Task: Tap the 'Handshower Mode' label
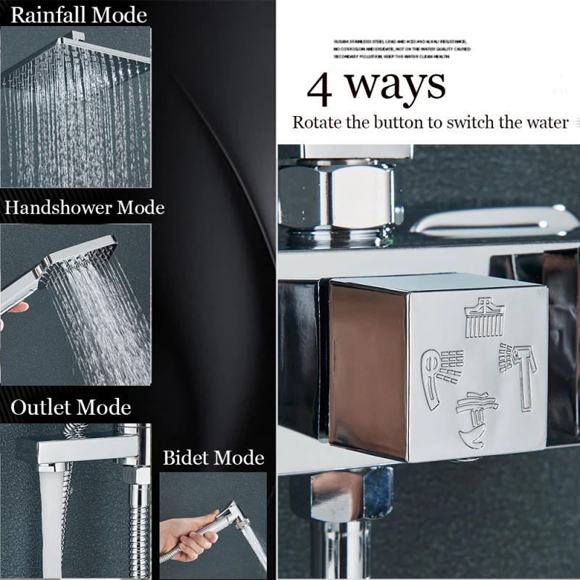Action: (85, 208)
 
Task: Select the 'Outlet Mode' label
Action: (70, 407)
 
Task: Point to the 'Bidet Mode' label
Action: (213, 458)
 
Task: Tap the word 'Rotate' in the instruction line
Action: (317, 122)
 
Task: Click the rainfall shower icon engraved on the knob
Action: (484, 318)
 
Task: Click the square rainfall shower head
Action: (80, 58)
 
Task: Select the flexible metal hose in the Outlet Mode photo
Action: (138, 522)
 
